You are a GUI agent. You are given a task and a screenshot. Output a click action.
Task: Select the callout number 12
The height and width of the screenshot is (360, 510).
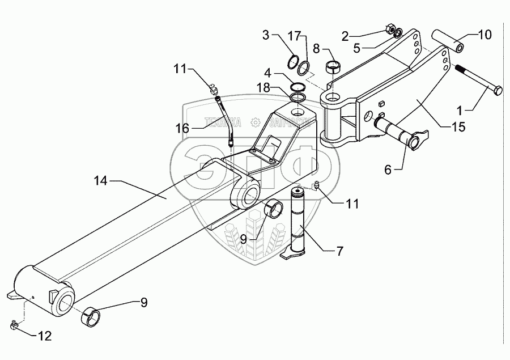[x=44, y=336]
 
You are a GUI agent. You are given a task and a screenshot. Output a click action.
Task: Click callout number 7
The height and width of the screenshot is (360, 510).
[x=339, y=251]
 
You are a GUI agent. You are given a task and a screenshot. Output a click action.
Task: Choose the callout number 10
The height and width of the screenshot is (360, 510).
[x=484, y=35]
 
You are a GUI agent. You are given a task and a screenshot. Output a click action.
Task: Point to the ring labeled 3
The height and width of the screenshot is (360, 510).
[x=294, y=61]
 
